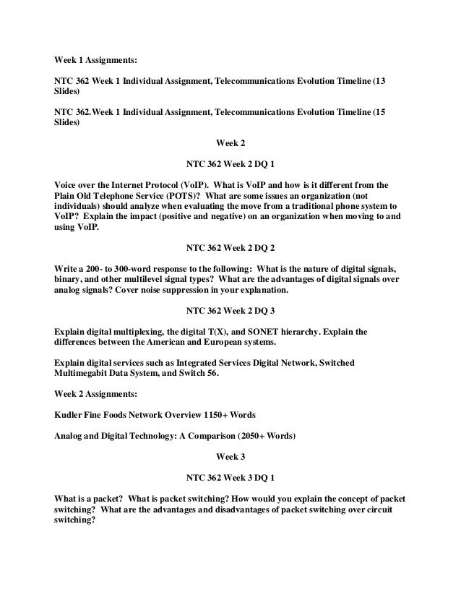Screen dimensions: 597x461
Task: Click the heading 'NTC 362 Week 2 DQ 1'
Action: [x=230, y=163]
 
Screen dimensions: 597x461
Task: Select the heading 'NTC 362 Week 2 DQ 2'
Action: [x=230, y=246]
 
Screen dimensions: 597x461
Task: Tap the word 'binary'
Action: [x=70, y=278]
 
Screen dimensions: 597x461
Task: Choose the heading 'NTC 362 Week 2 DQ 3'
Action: [x=230, y=310]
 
